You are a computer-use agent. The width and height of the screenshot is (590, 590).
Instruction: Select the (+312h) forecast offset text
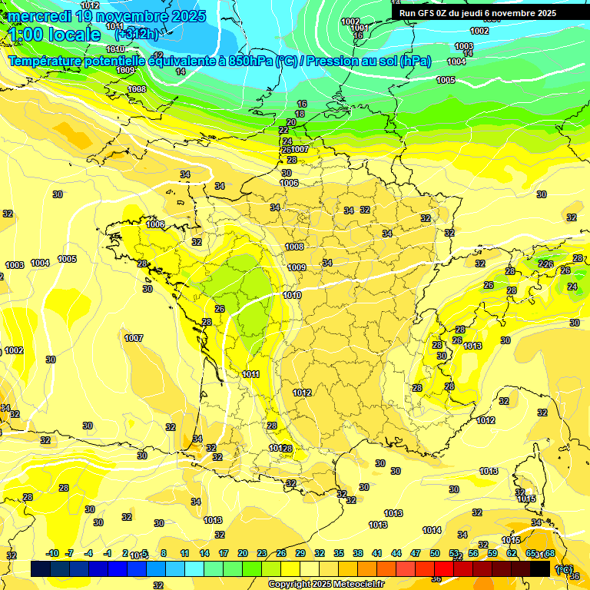tap(137, 34)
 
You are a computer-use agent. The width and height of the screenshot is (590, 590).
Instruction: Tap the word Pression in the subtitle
tap(332, 61)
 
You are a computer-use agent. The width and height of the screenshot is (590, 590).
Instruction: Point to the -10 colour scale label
tap(52, 553)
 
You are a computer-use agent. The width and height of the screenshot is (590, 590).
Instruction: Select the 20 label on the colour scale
tap(243, 553)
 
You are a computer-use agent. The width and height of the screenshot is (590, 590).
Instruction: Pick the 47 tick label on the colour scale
tap(416, 553)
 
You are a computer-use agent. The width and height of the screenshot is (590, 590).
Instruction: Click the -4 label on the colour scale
tap(88, 553)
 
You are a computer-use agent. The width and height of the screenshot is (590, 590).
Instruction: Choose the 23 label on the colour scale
tap(262, 553)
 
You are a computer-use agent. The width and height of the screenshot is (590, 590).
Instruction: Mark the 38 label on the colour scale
tap(358, 553)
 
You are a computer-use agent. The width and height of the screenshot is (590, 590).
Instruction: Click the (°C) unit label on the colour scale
tap(565, 569)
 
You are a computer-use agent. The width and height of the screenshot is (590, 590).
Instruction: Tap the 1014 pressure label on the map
tap(432, 530)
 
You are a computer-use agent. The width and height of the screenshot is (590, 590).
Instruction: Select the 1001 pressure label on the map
tap(358, 28)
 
